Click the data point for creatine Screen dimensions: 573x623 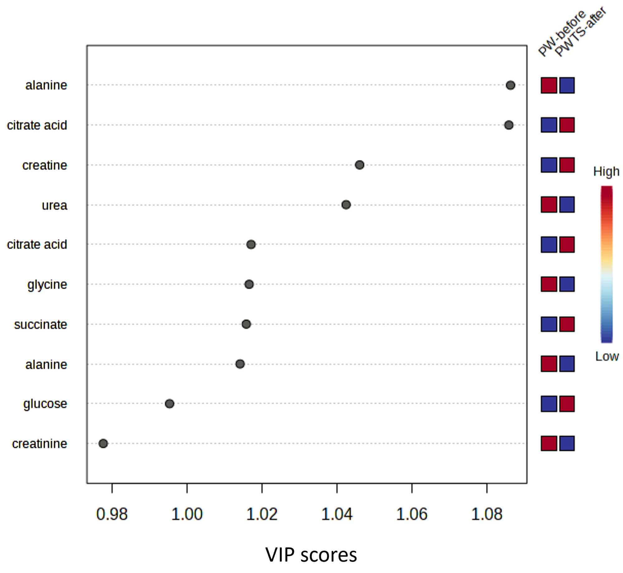(359, 165)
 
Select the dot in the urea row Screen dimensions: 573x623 (346, 205)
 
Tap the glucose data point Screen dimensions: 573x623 (170, 404)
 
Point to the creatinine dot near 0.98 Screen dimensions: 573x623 (103, 443)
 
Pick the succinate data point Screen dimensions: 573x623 (246, 324)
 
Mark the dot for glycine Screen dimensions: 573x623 (249, 284)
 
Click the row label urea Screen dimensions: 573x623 (55, 205)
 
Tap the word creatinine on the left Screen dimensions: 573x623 (40, 444)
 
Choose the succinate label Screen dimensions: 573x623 (41, 325)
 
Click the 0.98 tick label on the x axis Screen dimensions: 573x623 (112, 514)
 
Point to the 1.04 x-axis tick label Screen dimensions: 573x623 (337, 514)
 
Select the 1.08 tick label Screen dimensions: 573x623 (487, 514)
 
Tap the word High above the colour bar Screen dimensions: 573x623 (606, 171)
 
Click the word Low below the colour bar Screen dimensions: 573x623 (607, 356)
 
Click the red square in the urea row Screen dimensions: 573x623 (549, 205)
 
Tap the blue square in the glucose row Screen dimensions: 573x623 (549, 404)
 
